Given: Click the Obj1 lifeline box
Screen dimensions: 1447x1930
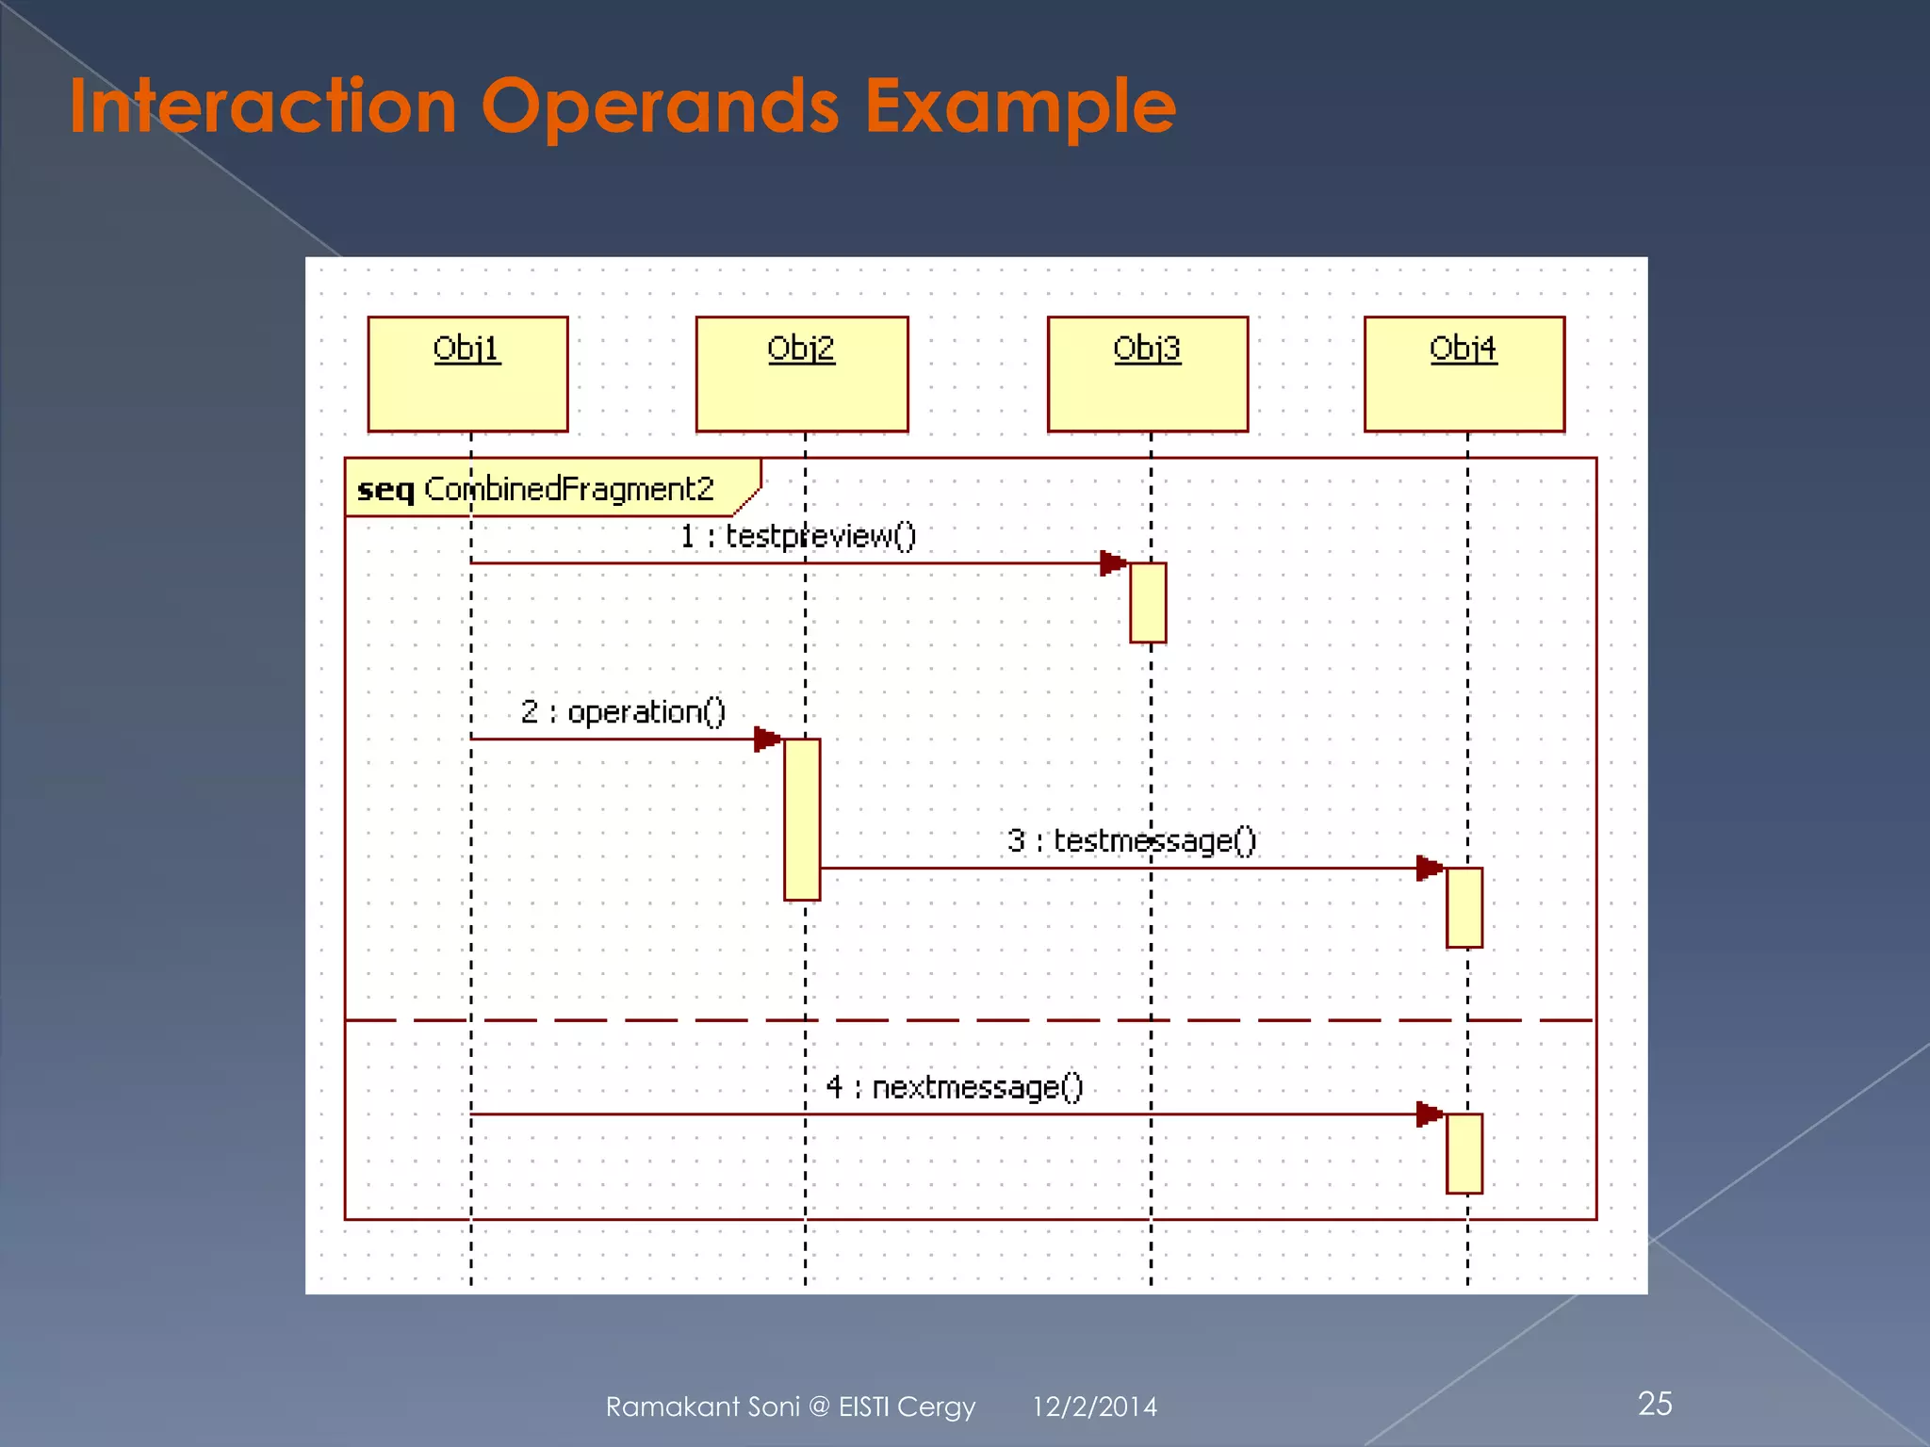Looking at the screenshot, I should (467, 374).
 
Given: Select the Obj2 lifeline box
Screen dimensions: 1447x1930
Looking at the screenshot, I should (802, 374).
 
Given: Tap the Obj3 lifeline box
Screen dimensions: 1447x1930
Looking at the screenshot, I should (1147, 374).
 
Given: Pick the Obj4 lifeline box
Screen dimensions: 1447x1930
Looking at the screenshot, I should (1464, 374).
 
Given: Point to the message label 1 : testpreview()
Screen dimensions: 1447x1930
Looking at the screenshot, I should (797, 536).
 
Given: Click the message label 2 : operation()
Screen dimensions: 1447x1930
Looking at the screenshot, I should (623, 711).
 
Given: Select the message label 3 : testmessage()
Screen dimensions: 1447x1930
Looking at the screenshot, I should (1131, 839).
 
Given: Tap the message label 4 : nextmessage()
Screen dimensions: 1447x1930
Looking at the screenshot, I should (954, 1087).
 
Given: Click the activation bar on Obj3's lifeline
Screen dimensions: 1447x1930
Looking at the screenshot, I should (1148, 603).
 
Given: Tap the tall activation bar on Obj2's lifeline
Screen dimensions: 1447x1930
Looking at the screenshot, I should (802, 819).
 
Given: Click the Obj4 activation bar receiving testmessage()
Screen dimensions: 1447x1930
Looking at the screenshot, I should (1464, 907).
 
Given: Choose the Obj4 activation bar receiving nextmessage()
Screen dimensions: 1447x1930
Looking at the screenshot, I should (1464, 1153).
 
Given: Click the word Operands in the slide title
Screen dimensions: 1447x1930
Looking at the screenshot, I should (660, 106).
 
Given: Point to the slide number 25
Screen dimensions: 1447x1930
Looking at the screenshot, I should (1655, 1404).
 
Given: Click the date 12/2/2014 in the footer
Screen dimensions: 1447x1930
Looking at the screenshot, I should (1094, 1406).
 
